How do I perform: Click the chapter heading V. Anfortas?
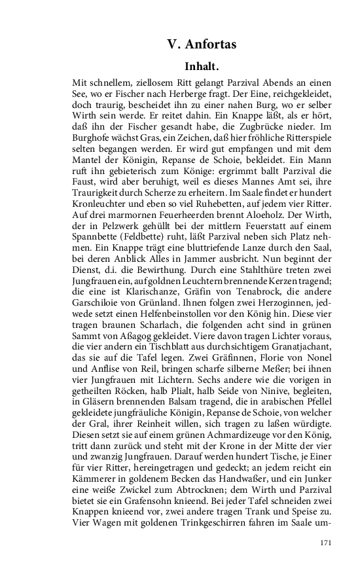[201, 45]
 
